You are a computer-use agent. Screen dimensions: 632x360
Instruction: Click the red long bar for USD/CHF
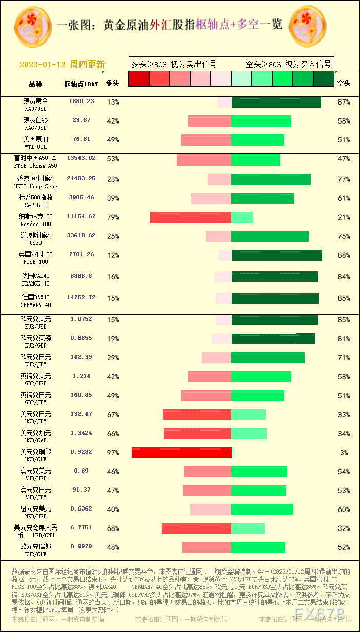tap(182, 453)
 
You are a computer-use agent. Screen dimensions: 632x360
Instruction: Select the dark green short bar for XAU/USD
tap(276, 102)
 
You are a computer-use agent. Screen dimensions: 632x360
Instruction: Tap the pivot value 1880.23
tap(82, 101)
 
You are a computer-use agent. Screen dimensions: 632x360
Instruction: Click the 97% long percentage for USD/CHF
tap(113, 453)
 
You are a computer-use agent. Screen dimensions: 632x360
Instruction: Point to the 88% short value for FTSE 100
tap(344, 255)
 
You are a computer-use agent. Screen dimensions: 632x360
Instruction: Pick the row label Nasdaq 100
tap(35, 220)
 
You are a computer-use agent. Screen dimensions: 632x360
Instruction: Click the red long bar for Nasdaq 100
tap(191, 217)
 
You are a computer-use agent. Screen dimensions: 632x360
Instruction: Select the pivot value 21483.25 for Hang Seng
tap(82, 178)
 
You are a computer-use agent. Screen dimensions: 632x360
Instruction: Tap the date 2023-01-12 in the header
tap(43, 65)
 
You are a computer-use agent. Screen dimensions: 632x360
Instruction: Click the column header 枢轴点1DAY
tap(81, 84)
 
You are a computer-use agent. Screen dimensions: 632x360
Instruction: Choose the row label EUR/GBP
tap(35, 341)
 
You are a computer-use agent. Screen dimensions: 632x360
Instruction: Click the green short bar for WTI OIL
tap(257, 140)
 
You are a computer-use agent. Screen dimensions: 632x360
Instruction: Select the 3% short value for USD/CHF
tap(344, 453)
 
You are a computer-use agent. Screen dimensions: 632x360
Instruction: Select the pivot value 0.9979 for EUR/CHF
tap(82, 546)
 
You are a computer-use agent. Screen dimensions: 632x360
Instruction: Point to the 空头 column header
tap(344, 83)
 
